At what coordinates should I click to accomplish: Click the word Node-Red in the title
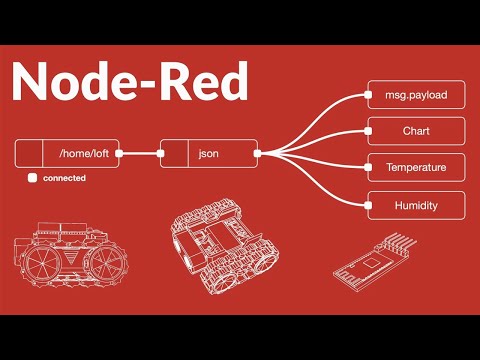click(x=130, y=82)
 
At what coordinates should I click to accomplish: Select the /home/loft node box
click(x=68, y=154)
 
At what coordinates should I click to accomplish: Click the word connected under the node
click(x=63, y=178)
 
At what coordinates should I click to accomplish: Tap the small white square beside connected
click(x=33, y=178)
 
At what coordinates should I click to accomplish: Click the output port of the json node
click(x=257, y=154)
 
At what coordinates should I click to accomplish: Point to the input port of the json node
click(x=161, y=154)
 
